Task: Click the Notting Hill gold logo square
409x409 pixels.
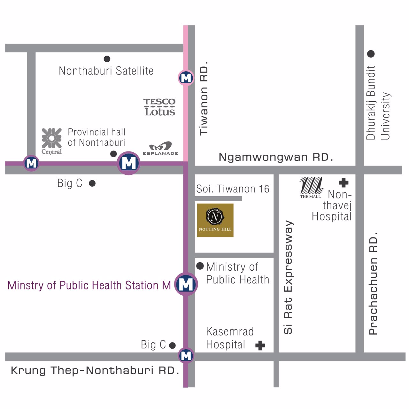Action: pyautogui.click(x=215, y=220)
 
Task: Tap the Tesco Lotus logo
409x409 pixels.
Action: pyautogui.click(x=159, y=107)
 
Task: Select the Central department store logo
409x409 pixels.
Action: pyautogui.click(x=51, y=141)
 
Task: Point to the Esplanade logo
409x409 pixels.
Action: pyautogui.click(x=160, y=149)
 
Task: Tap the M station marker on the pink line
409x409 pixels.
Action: pyautogui.click(x=186, y=78)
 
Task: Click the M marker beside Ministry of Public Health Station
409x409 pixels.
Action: pyautogui.click(x=186, y=284)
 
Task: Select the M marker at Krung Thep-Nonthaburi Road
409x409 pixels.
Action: pyautogui.click(x=186, y=356)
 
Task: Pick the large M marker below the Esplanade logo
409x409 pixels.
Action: pyautogui.click(x=129, y=163)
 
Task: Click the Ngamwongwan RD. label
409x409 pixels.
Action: pyautogui.click(x=276, y=157)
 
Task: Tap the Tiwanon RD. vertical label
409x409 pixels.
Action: pyautogui.click(x=204, y=98)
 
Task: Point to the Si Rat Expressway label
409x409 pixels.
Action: pyautogui.click(x=288, y=277)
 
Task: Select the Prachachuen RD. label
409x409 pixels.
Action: pyautogui.click(x=373, y=283)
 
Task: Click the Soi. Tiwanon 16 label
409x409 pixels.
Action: pyautogui.click(x=233, y=189)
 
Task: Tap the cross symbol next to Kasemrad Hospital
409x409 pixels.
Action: pyautogui.click(x=260, y=345)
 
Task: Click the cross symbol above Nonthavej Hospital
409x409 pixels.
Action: pyautogui.click(x=343, y=182)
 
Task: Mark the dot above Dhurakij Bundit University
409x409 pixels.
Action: pyautogui.click(x=371, y=54)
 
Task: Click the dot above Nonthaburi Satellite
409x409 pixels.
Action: pyautogui.click(x=107, y=59)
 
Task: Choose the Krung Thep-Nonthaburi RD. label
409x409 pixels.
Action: pyautogui.click(x=95, y=370)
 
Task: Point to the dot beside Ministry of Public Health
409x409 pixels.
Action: pyautogui.click(x=200, y=266)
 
